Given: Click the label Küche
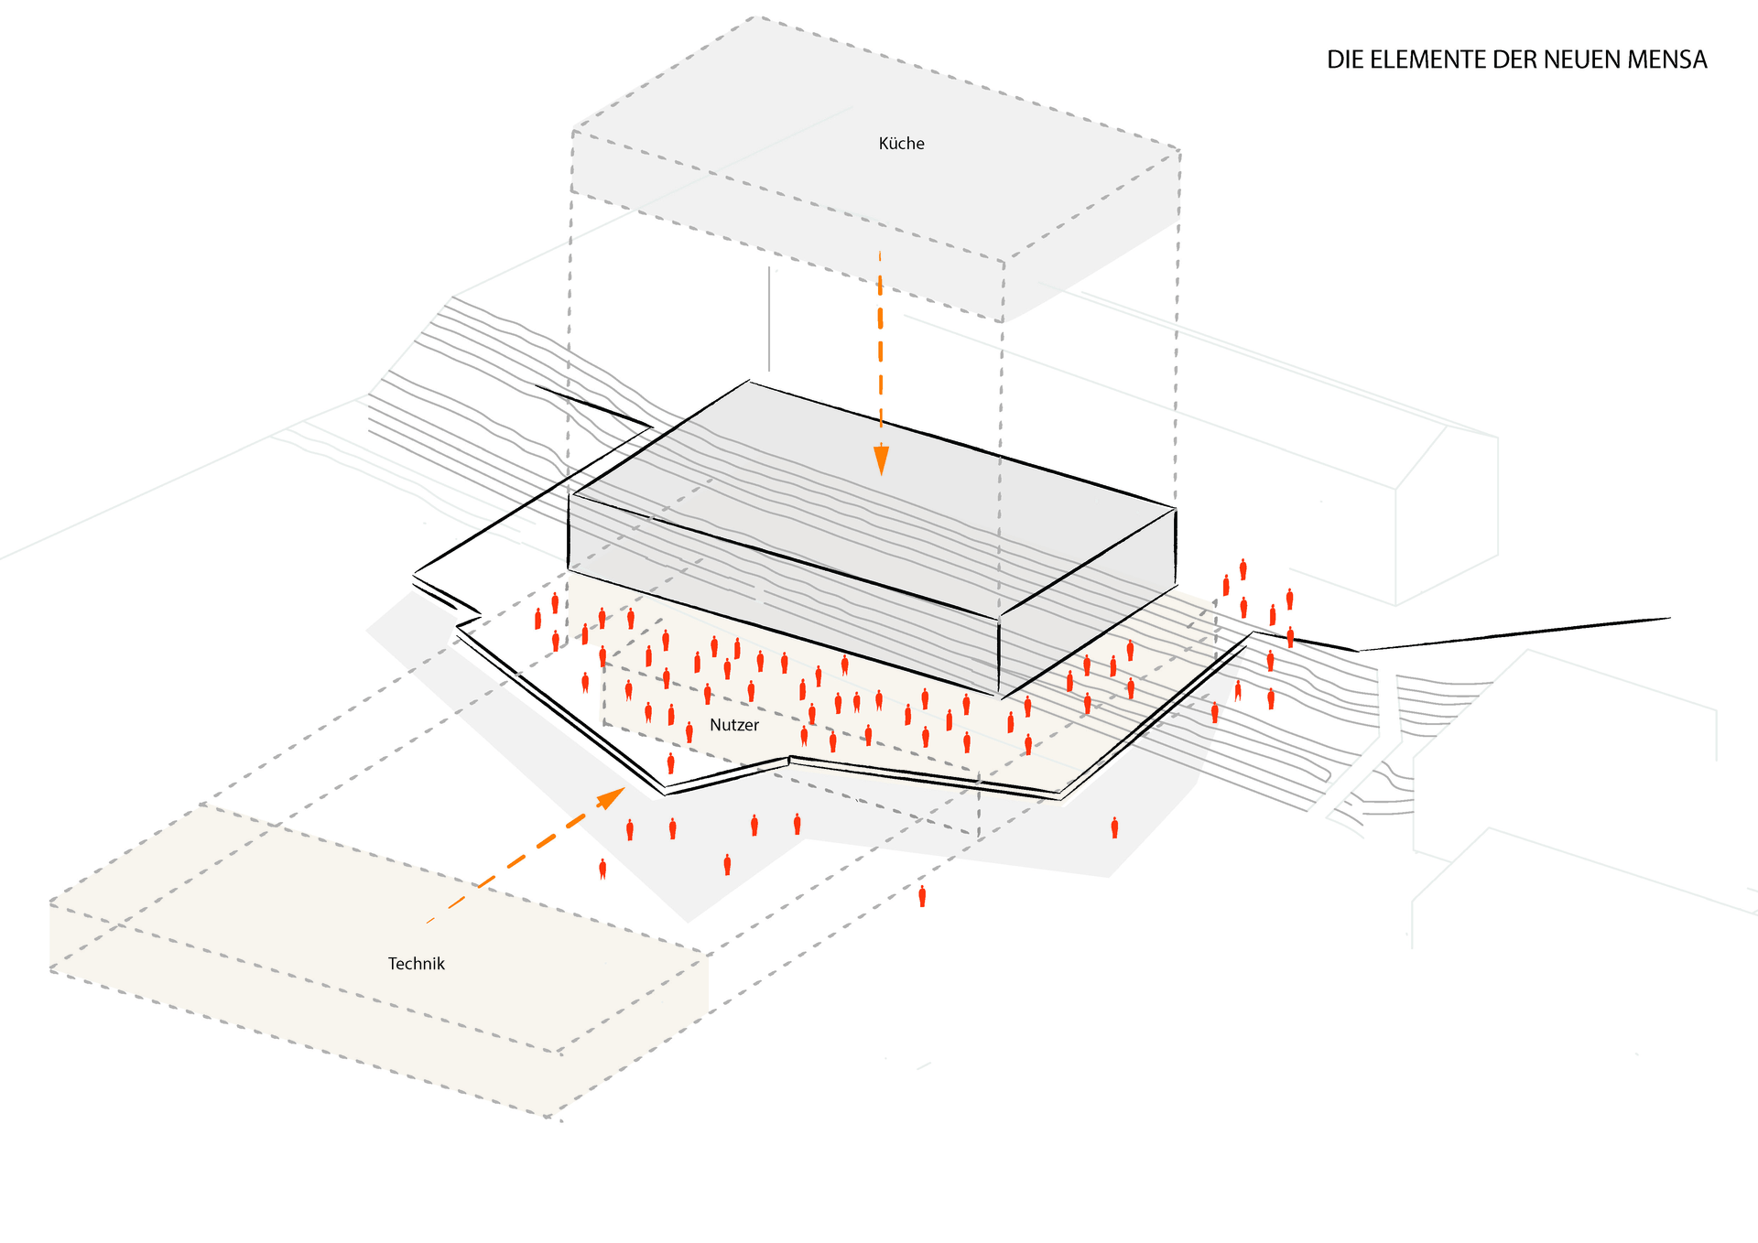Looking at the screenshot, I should (x=901, y=144).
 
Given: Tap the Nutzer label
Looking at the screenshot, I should (x=734, y=725).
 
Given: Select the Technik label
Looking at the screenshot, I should (x=416, y=964).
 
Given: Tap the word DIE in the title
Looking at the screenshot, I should (x=1345, y=60).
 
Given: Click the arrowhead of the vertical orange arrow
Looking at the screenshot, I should (x=881, y=459).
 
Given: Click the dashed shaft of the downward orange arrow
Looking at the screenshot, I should (x=880, y=348).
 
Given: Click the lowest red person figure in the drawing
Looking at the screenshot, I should (x=922, y=896).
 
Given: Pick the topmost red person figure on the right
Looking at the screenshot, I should (x=1243, y=569).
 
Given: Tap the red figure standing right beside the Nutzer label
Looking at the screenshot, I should (x=689, y=732).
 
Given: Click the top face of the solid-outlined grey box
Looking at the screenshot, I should (x=870, y=494).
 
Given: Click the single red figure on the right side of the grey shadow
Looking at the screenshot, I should (x=1114, y=828).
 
